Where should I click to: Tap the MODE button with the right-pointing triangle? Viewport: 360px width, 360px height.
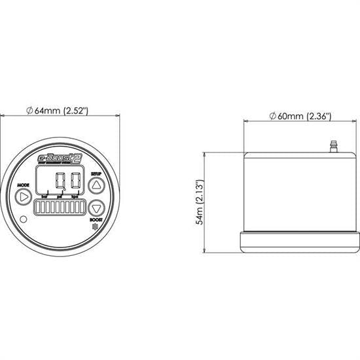24,196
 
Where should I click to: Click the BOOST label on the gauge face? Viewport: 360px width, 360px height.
96,221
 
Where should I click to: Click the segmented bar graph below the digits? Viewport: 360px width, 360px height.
60,211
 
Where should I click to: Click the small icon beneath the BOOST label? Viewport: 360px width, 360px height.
94,228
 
